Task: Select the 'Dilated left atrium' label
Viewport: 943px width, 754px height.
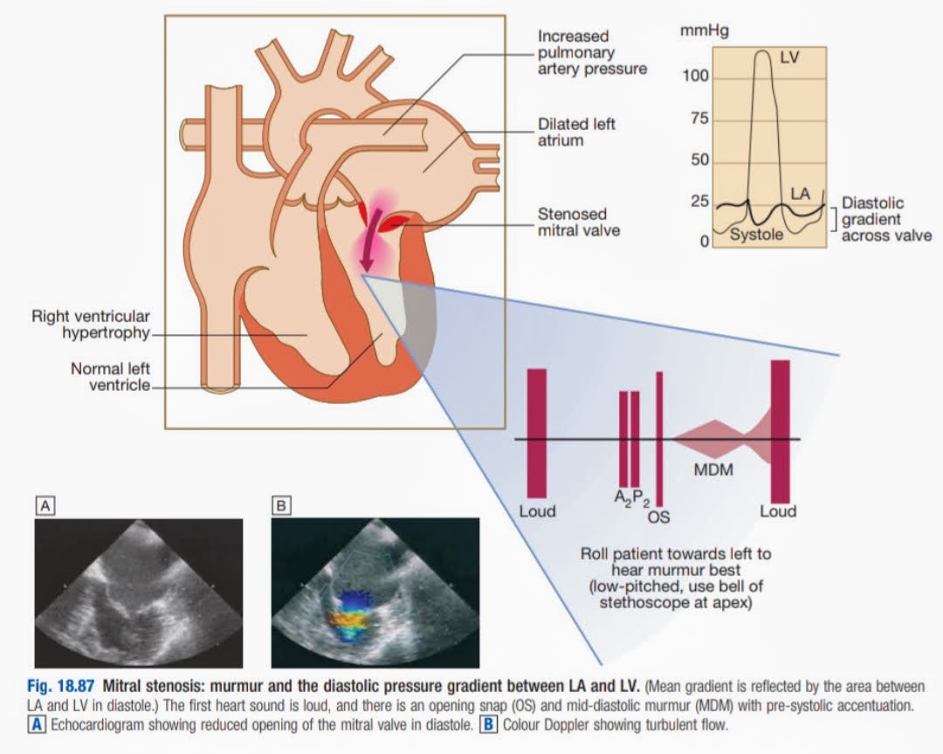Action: [576, 132]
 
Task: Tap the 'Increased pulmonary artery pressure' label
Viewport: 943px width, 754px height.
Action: [592, 52]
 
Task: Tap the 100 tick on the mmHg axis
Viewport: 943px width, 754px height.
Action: [697, 77]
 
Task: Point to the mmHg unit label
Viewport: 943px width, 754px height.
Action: [703, 31]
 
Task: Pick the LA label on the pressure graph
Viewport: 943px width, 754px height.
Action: [801, 192]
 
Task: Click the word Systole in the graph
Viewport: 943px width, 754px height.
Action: [757, 235]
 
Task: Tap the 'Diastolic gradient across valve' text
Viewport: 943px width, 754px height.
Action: [884, 219]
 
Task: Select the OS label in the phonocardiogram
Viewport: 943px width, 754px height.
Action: [658, 518]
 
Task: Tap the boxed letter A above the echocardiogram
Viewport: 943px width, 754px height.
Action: [45, 504]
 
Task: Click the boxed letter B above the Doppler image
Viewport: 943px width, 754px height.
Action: [281, 504]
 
